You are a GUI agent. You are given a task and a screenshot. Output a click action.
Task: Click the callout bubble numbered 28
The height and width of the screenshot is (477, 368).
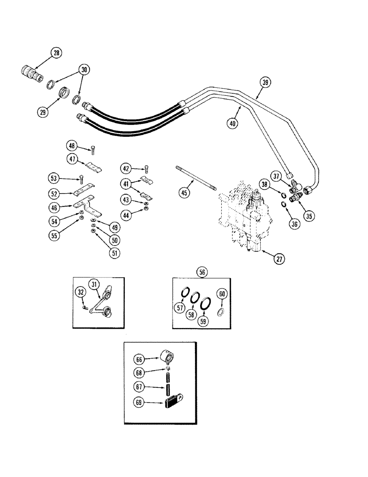pyautogui.click(x=56, y=53)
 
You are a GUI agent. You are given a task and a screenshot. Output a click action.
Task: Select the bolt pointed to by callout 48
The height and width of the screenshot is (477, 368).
pyautogui.click(x=92, y=150)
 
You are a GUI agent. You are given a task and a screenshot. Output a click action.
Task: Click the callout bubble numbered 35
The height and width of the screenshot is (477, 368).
pyautogui.click(x=310, y=216)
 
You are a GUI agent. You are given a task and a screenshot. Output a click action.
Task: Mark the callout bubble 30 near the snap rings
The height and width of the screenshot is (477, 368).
pyautogui.click(x=84, y=69)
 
